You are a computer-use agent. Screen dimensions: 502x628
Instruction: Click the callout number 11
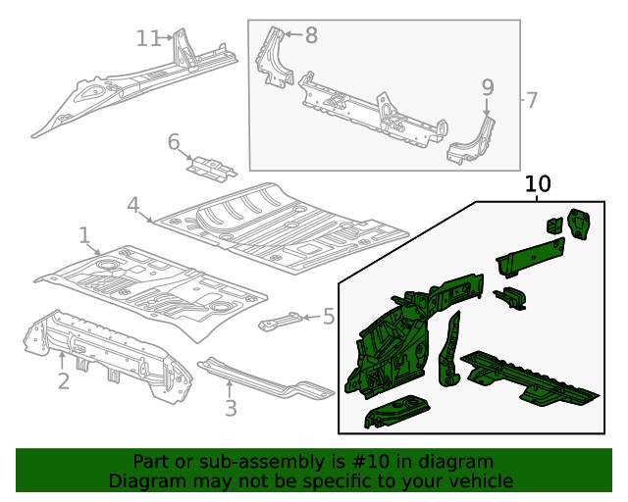coord(148,38)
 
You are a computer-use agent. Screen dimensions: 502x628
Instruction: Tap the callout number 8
coord(311,36)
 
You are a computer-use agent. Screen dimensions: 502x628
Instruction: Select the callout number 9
coord(488,87)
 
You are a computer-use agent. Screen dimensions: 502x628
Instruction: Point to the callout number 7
coord(531,100)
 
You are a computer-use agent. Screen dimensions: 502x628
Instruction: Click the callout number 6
coord(173,142)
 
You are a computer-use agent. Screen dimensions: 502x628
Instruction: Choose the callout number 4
coord(133,205)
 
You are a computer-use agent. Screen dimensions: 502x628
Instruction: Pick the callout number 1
coord(85,234)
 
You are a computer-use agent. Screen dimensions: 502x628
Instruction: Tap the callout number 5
coord(328,316)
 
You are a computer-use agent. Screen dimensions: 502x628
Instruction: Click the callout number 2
coord(63,380)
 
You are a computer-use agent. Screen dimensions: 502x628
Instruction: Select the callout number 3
coord(231,407)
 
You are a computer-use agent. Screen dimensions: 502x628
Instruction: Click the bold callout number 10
coord(539,183)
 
